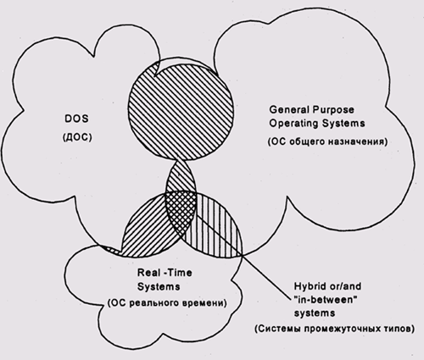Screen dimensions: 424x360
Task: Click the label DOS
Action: pos(76,119)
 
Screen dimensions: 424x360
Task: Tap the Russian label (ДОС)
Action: pos(77,137)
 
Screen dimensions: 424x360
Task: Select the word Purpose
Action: pos(333,110)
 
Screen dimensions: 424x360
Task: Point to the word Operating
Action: pos(293,124)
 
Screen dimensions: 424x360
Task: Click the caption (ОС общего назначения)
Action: pos(327,141)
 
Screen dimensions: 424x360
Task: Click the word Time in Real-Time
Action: pos(181,273)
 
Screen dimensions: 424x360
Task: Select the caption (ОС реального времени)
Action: pos(167,303)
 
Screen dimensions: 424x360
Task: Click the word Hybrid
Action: pos(309,286)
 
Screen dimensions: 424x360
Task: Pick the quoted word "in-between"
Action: pos(324,300)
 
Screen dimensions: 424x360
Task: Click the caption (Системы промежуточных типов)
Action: pos(335,329)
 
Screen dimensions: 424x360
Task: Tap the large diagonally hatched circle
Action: pos(181,111)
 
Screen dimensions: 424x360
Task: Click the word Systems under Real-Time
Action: pos(159,286)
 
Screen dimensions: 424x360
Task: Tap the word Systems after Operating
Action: pos(343,124)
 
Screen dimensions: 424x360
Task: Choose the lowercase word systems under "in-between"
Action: pos(315,313)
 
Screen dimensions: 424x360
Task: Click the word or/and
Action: pos(345,286)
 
